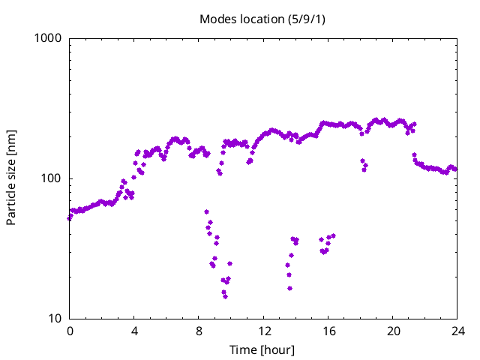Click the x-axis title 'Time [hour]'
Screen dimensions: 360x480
[x=262, y=349]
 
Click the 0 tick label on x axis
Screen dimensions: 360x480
[x=70, y=331]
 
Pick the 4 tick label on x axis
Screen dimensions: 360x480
[x=134, y=331]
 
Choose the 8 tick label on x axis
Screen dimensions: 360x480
[x=199, y=331]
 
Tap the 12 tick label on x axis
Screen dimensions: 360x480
[x=264, y=331]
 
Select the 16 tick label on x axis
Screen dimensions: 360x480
[x=328, y=331]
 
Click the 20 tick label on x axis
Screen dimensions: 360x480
[x=393, y=331]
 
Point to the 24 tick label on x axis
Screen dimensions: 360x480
[x=457, y=331]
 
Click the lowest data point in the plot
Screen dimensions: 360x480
[x=225, y=296]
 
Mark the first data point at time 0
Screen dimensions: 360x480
[x=70, y=218]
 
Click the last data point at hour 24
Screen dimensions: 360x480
[x=455, y=169]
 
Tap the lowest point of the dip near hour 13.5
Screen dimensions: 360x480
[x=289, y=288]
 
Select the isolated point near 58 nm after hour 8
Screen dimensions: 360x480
[x=206, y=212]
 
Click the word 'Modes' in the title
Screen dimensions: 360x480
[x=216, y=19]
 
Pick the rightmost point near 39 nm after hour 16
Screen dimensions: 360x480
[x=333, y=235]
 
